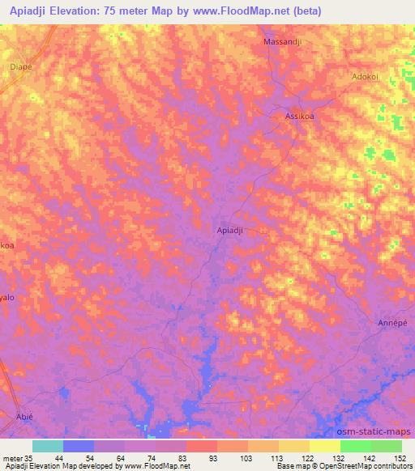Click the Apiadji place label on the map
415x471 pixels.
click(x=231, y=231)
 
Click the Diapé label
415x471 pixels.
click(x=21, y=67)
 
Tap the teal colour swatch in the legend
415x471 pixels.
click(x=48, y=446)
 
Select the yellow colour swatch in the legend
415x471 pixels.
click(x=325, y=446)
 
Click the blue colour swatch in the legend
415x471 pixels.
click(x=79, y=446)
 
